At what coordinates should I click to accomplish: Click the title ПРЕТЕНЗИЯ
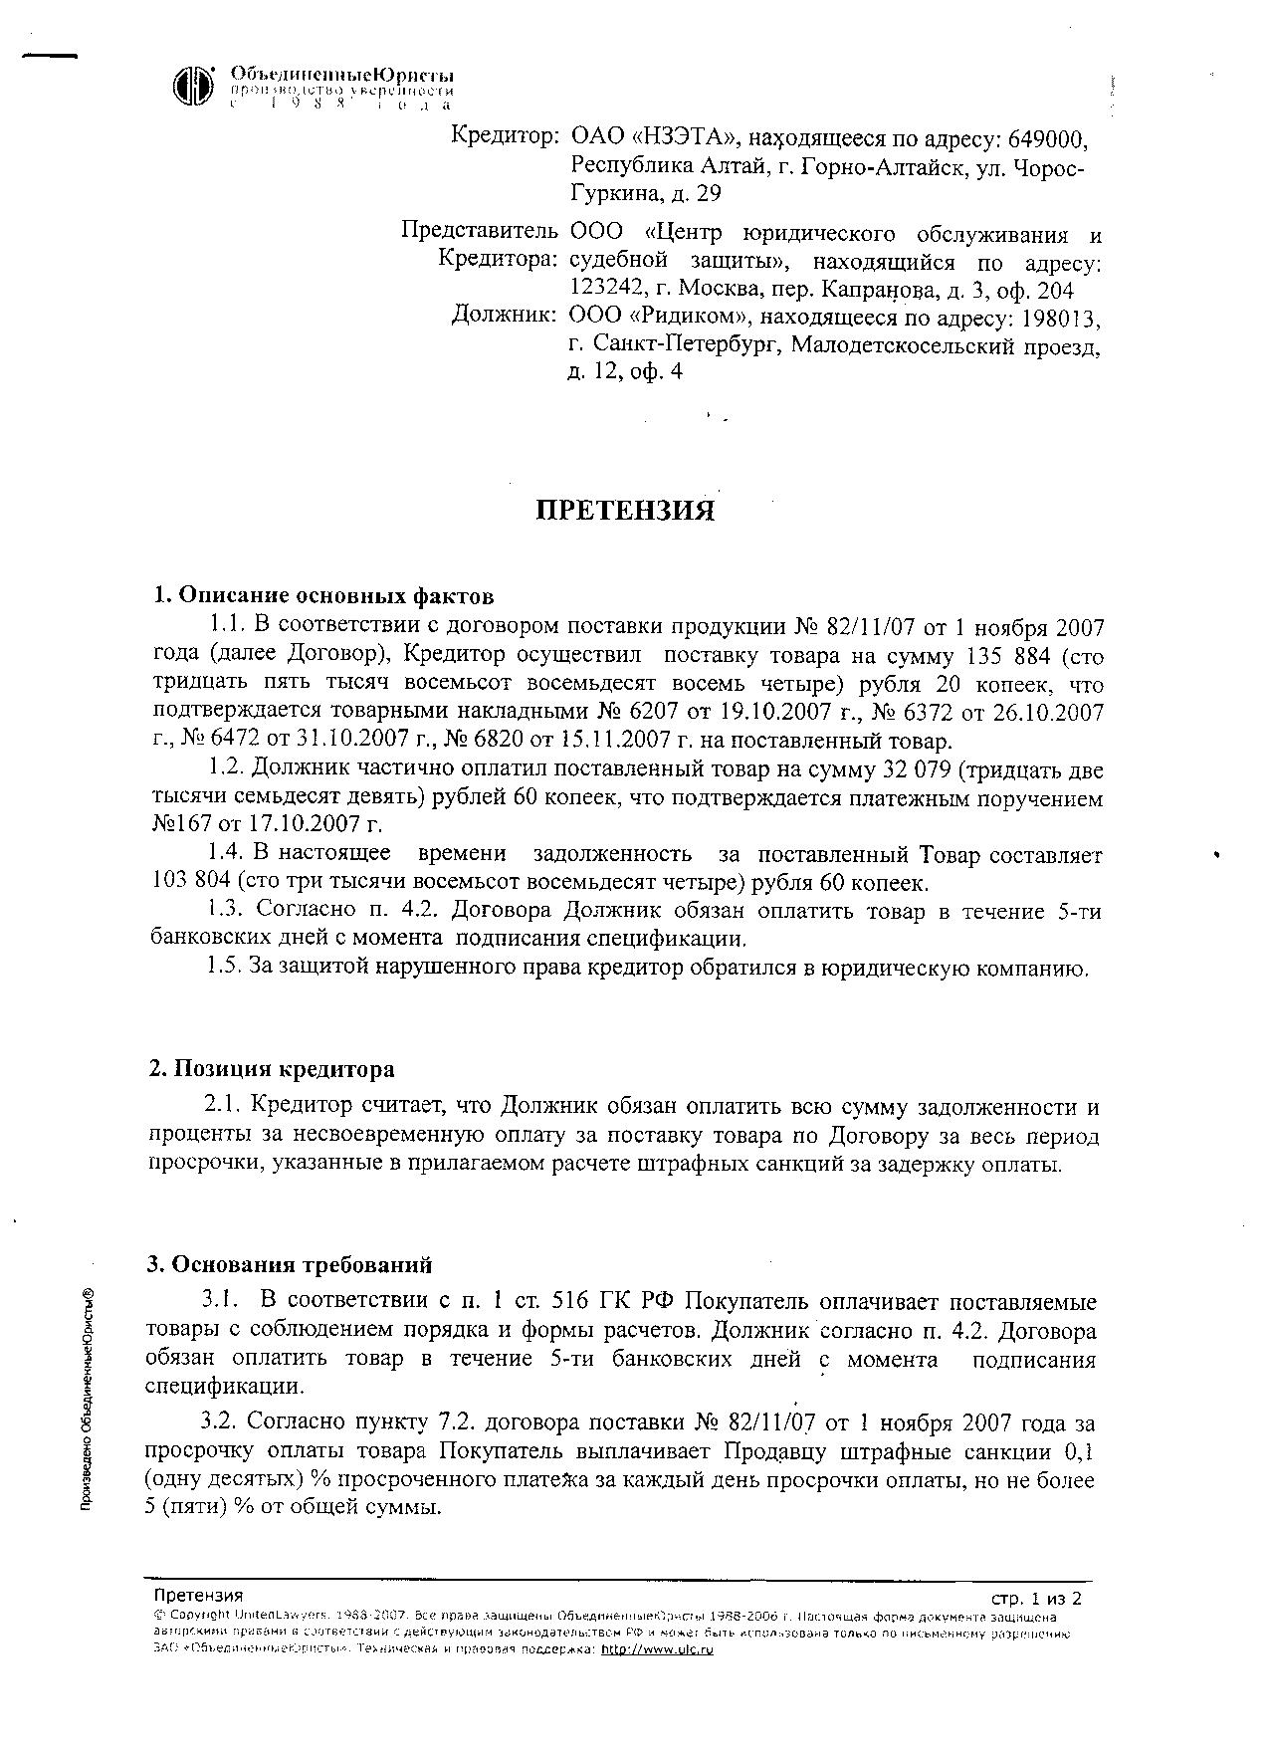click(x=626, y=511)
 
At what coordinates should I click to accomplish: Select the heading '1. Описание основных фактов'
click(x=323, y=596)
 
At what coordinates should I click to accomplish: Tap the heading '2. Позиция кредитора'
click(x=272, y=1069)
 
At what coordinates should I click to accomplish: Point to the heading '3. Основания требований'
click(x=290, y=1265)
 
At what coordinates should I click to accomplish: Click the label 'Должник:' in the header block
click(x=504, y=316)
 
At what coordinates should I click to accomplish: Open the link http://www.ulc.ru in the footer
click(x=659, y=1649)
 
